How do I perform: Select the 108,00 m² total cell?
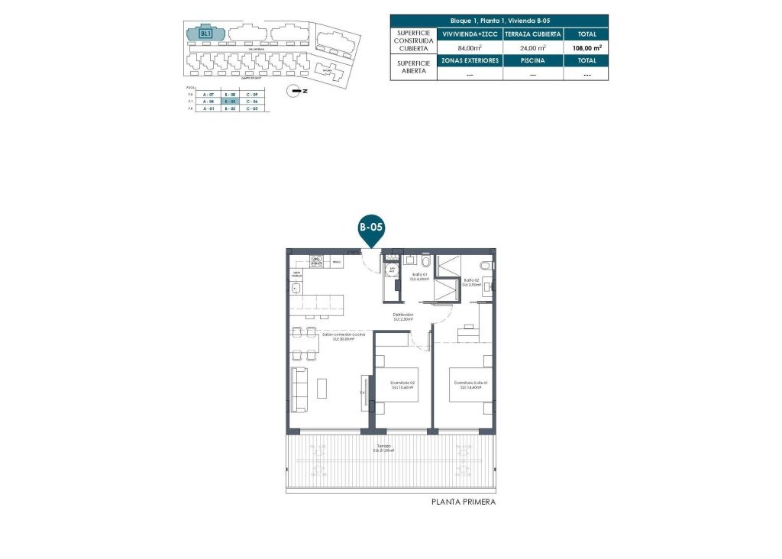[586, 47]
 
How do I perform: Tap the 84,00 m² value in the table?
[469, 47]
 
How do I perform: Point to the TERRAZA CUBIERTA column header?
[533, 34]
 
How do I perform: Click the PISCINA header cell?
[533, 60]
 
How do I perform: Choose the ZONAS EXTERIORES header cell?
[469, 60]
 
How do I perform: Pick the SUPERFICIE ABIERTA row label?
[412, 67]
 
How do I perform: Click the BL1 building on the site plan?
[205, 34]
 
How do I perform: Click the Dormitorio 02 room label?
[402, 384]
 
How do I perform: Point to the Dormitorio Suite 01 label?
[470, 384]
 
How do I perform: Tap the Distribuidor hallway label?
[403, 316]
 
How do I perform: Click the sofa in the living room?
[299, 389]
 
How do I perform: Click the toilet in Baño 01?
[425, 263]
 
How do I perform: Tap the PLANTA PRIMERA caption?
[464, 502]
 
